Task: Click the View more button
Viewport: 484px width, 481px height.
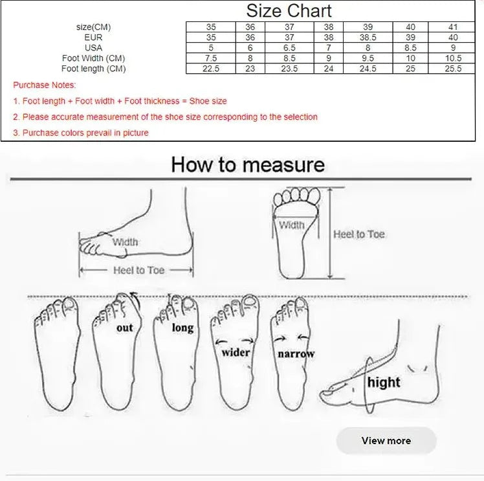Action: coord(386,441)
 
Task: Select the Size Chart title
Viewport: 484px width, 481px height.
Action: coord(289,11)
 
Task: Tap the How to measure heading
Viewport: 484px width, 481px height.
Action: coord(248,164)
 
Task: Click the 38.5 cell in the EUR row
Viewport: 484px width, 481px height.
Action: coord(368,38)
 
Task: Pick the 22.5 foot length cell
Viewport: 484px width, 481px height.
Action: coord(211,69)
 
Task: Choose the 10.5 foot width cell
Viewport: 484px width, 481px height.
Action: coord(453,58)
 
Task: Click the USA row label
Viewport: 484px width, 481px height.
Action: coord(93,48)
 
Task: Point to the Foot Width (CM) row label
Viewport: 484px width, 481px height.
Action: coord(93,58)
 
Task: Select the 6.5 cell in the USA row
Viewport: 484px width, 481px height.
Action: coord(289,48)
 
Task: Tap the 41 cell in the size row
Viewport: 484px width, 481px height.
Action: coord(453,27)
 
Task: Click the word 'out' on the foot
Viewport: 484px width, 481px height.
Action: coord(125,328)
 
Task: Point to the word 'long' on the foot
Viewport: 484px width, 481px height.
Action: coord(182,328)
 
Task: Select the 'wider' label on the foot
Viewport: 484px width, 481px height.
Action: coord(236,352)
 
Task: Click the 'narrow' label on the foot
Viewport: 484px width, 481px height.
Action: coord(296,353)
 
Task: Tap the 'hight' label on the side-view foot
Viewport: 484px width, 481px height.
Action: coord(384,382)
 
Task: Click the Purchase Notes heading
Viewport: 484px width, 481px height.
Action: coord(45,85)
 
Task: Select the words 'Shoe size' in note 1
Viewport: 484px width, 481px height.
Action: coord(208,101)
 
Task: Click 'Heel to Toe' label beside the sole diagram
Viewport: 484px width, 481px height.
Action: coord(359,234)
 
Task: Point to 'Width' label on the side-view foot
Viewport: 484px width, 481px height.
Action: coord(125,241)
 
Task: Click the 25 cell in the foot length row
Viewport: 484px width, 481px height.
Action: coord(410,69)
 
